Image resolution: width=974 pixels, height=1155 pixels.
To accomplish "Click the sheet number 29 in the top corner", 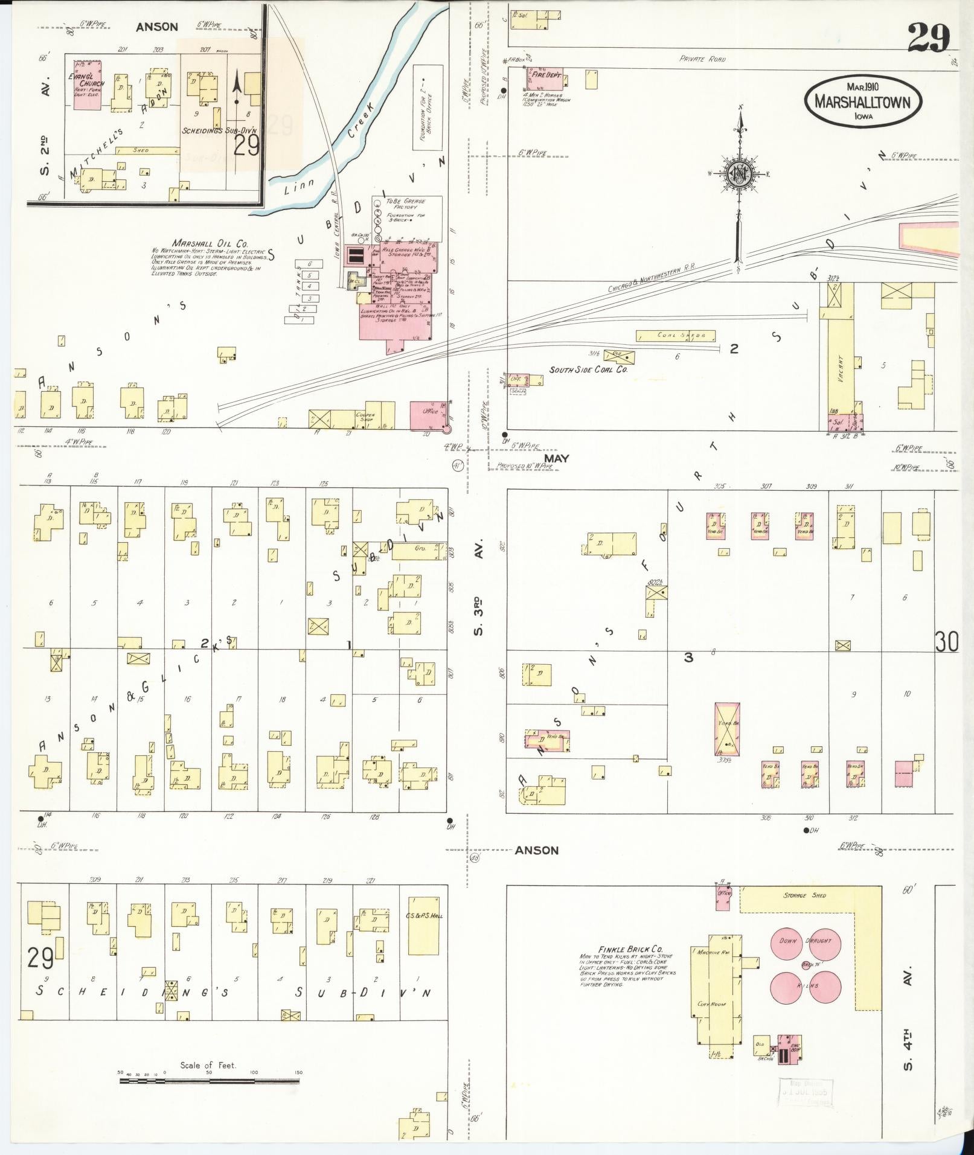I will pos(928,38).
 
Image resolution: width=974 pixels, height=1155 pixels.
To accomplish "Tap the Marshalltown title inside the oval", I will pos(862,101).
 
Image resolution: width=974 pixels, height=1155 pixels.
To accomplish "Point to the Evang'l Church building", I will pos(88,85).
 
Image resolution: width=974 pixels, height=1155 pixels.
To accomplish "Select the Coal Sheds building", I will pos(675,335).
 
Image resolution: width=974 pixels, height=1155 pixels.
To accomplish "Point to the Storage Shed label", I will pos(804,895).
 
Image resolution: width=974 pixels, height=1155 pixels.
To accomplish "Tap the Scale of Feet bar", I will pos(209,1081).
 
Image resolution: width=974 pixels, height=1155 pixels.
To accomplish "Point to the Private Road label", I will pos(702,59).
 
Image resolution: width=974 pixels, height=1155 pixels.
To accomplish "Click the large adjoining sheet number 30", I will pos(946,642).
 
